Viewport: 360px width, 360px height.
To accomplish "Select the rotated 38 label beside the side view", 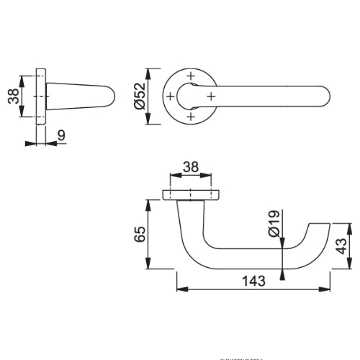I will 13,96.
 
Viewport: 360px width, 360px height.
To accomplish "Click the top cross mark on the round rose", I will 190,76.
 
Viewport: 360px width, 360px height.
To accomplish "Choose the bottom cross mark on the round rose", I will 190,115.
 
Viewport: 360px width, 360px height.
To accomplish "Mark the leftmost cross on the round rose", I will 170,95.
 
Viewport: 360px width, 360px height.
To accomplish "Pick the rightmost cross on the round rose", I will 210,95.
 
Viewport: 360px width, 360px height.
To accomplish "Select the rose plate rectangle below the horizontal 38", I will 190,195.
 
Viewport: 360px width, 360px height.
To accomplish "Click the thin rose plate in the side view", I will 42,96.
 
